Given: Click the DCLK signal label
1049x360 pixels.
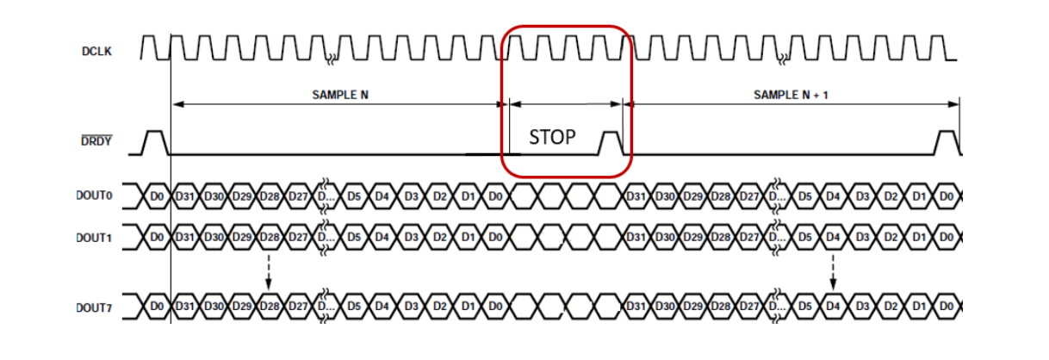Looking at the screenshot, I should click(x=99, y=52).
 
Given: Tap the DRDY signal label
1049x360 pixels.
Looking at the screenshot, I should click(x=99, y=140).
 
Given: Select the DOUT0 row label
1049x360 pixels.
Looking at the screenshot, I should click(x=94, y=196).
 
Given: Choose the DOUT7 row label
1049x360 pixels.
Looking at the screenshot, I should click(x=94, y=307).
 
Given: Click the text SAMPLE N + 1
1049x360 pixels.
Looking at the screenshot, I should click(x=791, y=94).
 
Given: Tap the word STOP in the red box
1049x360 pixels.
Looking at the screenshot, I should click(x=552, y=137).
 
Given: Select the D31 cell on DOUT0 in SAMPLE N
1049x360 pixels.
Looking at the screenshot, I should click(x=184, y=196).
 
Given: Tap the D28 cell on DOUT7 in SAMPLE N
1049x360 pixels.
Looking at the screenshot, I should click(x=269, y=307).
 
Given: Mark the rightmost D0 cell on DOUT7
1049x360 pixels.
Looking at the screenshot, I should click(x=946, y=307).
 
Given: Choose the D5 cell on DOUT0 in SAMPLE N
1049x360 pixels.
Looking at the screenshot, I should click(x=353, y=196).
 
